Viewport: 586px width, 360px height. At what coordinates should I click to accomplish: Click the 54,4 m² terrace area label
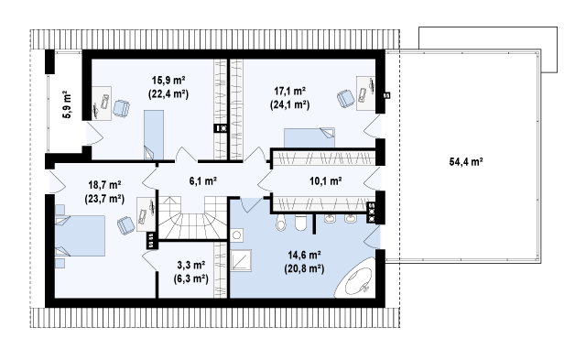tap(466, 162)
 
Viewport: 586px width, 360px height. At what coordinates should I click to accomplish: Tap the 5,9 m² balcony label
tap(67, 104)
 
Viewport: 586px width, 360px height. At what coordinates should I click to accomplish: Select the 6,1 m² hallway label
tap(203, 181)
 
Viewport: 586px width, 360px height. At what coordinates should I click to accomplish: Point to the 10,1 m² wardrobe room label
tap(326, 181)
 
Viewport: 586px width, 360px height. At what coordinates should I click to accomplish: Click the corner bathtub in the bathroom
tap(356, 278)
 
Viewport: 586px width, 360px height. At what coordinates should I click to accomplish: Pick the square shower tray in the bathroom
tap(241, 260)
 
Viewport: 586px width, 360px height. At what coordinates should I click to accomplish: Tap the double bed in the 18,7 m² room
tap(80, 235)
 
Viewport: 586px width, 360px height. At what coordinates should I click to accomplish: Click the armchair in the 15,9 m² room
tap(121, 108)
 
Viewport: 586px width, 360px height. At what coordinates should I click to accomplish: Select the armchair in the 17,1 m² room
tap(346, 99)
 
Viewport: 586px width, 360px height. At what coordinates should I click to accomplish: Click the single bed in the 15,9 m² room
tap(154, 135)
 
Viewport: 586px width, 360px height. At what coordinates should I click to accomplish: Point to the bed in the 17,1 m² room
tap(309, 137)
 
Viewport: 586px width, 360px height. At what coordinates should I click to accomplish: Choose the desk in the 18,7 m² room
tap(146, 214)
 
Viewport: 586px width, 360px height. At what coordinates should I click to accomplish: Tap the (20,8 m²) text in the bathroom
tap(304, 268)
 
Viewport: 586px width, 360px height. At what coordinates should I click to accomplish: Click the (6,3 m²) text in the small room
tap(191, 278)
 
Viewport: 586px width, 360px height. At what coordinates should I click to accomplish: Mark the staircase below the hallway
tap(193, 218)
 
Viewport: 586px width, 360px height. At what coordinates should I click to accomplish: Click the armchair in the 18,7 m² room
tap(126, 225)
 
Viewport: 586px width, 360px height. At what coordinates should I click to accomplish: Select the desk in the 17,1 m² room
tap(365, 93)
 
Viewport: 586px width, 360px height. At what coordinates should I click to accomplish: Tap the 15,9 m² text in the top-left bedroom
tap(168, 81)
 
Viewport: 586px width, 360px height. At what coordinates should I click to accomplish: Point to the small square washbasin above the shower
tap(236, 235)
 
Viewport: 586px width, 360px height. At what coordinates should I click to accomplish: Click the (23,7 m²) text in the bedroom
tap(104, 199)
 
